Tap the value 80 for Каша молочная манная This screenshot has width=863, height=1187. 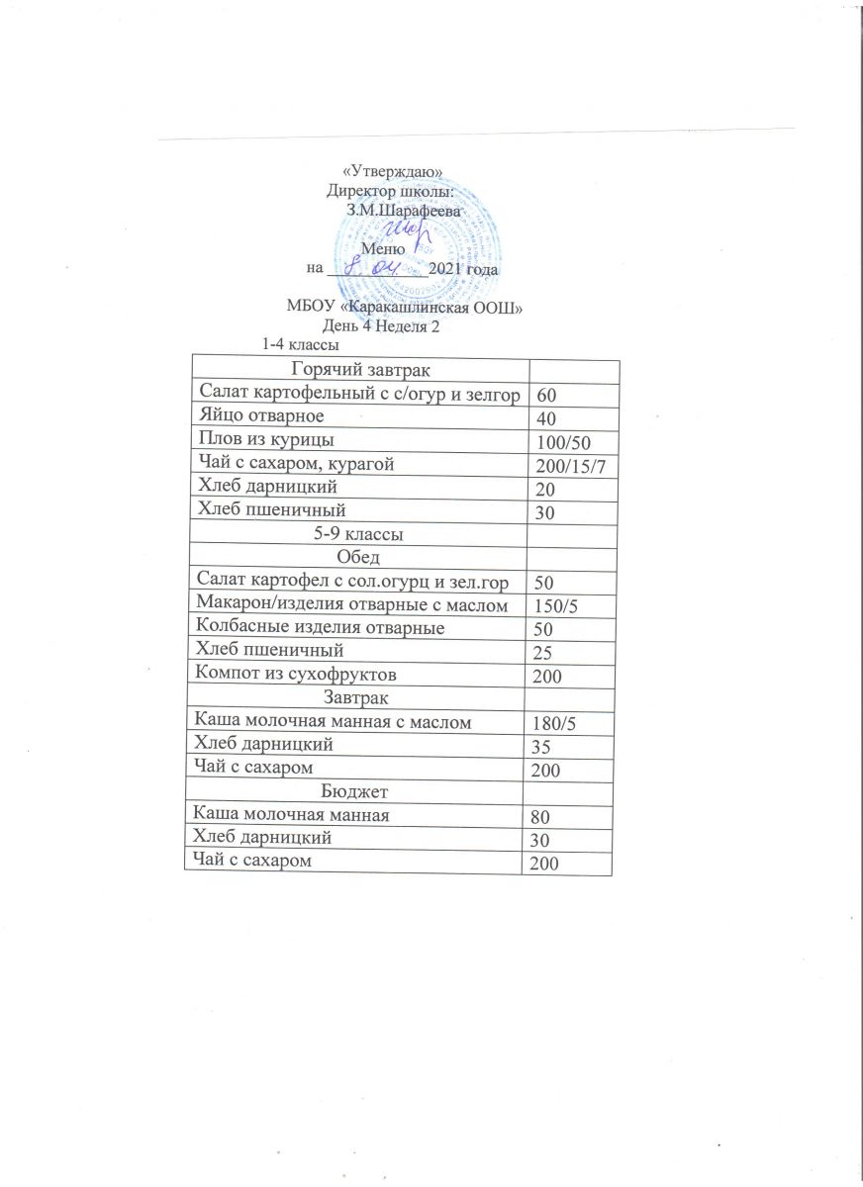click(x=543, y=817)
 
